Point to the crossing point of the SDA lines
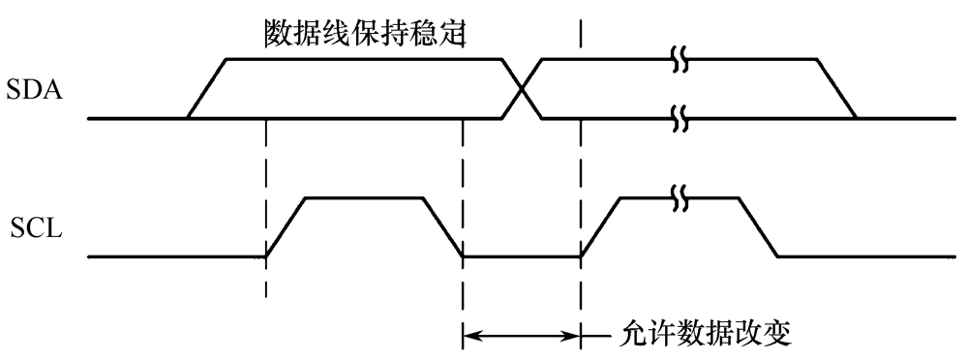pyautogui.click(x=522, y=90)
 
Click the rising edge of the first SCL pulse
pyautogui.click(x=286, y=227)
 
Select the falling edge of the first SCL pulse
pyautogui.click(x=443, y=227)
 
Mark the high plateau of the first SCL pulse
pyautogui.click(x=364, y=198)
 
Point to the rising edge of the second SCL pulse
pyautogui.click(x=600, y=227)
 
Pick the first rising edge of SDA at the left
pyautogui.click(x=206, y=90)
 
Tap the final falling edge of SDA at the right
pyautogui.click(x=837, y=90)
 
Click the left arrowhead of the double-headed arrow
pyautogui.click(x=471, y=337)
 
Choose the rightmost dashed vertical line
pyautogui.click(x=581, y=174)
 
